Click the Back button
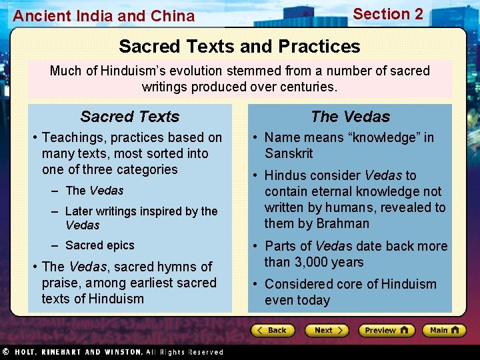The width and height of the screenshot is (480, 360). point(273,330)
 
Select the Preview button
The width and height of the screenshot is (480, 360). point(386,330)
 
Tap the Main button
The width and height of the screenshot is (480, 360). point(443,330)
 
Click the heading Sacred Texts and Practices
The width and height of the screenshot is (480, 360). point(239,46)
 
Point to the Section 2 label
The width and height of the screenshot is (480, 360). point(388,14)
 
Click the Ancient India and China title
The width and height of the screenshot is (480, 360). point(104,16)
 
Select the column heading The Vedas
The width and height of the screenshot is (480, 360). point(350,117)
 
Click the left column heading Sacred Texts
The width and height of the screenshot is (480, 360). point(130,117)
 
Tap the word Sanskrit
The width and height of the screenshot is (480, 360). point(289,153)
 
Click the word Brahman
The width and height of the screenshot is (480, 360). point(343,223)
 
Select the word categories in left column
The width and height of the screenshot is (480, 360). point(145,169)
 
